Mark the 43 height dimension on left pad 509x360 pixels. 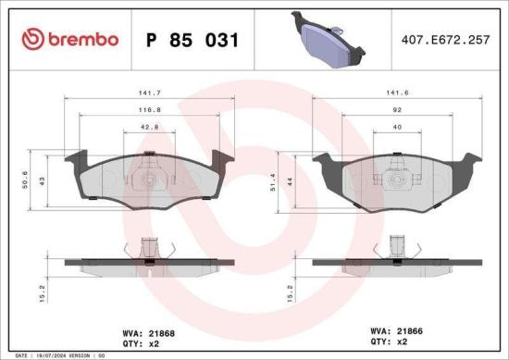click(x=40, y=178)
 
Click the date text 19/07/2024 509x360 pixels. click(x=48, y=354)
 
